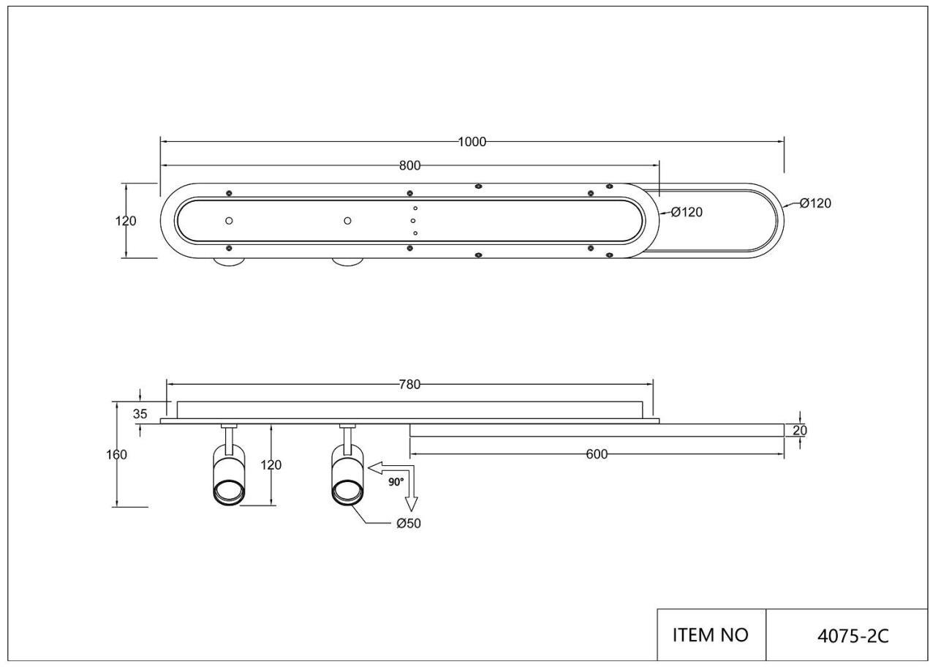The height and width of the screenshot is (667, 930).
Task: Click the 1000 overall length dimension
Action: click(x=472, y=142)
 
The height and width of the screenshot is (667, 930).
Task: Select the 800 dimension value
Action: click(x=409, y=166)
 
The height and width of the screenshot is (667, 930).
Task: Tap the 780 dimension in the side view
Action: click(x=409, y=385)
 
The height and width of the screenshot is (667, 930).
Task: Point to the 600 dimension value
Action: click(x=597, y=454)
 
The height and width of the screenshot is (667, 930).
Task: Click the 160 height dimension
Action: click(x=117, y=455)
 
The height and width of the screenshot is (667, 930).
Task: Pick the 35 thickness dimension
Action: click(x=140, y=414)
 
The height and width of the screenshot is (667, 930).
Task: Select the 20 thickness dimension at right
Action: click(x=800, y=431)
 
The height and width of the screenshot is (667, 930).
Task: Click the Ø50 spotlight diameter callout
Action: click(x=409, y=524)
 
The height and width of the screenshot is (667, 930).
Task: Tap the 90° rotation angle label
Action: click(x=396, y=482)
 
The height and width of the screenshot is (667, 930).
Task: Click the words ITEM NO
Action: click(x=711, y=635)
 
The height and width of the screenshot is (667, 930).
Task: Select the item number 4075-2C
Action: click(x=853, y=636)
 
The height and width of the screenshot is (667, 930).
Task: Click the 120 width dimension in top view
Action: click(x=126, y=221)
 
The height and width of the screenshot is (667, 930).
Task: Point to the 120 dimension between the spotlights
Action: click(x=271, y=464)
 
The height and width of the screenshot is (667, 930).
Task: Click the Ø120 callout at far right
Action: click(x=815, y=203)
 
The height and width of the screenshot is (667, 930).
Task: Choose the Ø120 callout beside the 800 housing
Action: click(x=687, y=212)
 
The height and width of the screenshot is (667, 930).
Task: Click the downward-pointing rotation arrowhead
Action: click(x=412, y=504)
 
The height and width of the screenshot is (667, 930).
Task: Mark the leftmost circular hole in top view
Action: click(x=229, y=221)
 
